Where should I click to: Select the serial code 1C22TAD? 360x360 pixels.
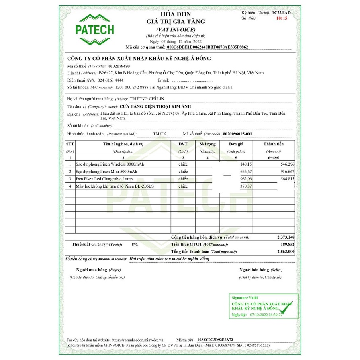click(x=282, y=13)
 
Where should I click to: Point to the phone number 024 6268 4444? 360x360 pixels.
click(x=111, y=80)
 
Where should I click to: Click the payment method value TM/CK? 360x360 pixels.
click(x=159, y=134)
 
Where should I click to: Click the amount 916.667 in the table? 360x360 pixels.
click(x=286, y=172)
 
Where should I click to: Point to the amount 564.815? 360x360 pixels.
click(x=286, y=179)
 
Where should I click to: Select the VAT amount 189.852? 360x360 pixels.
click(x=286, y=244)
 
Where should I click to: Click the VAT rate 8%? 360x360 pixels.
click(x=135, y=244)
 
